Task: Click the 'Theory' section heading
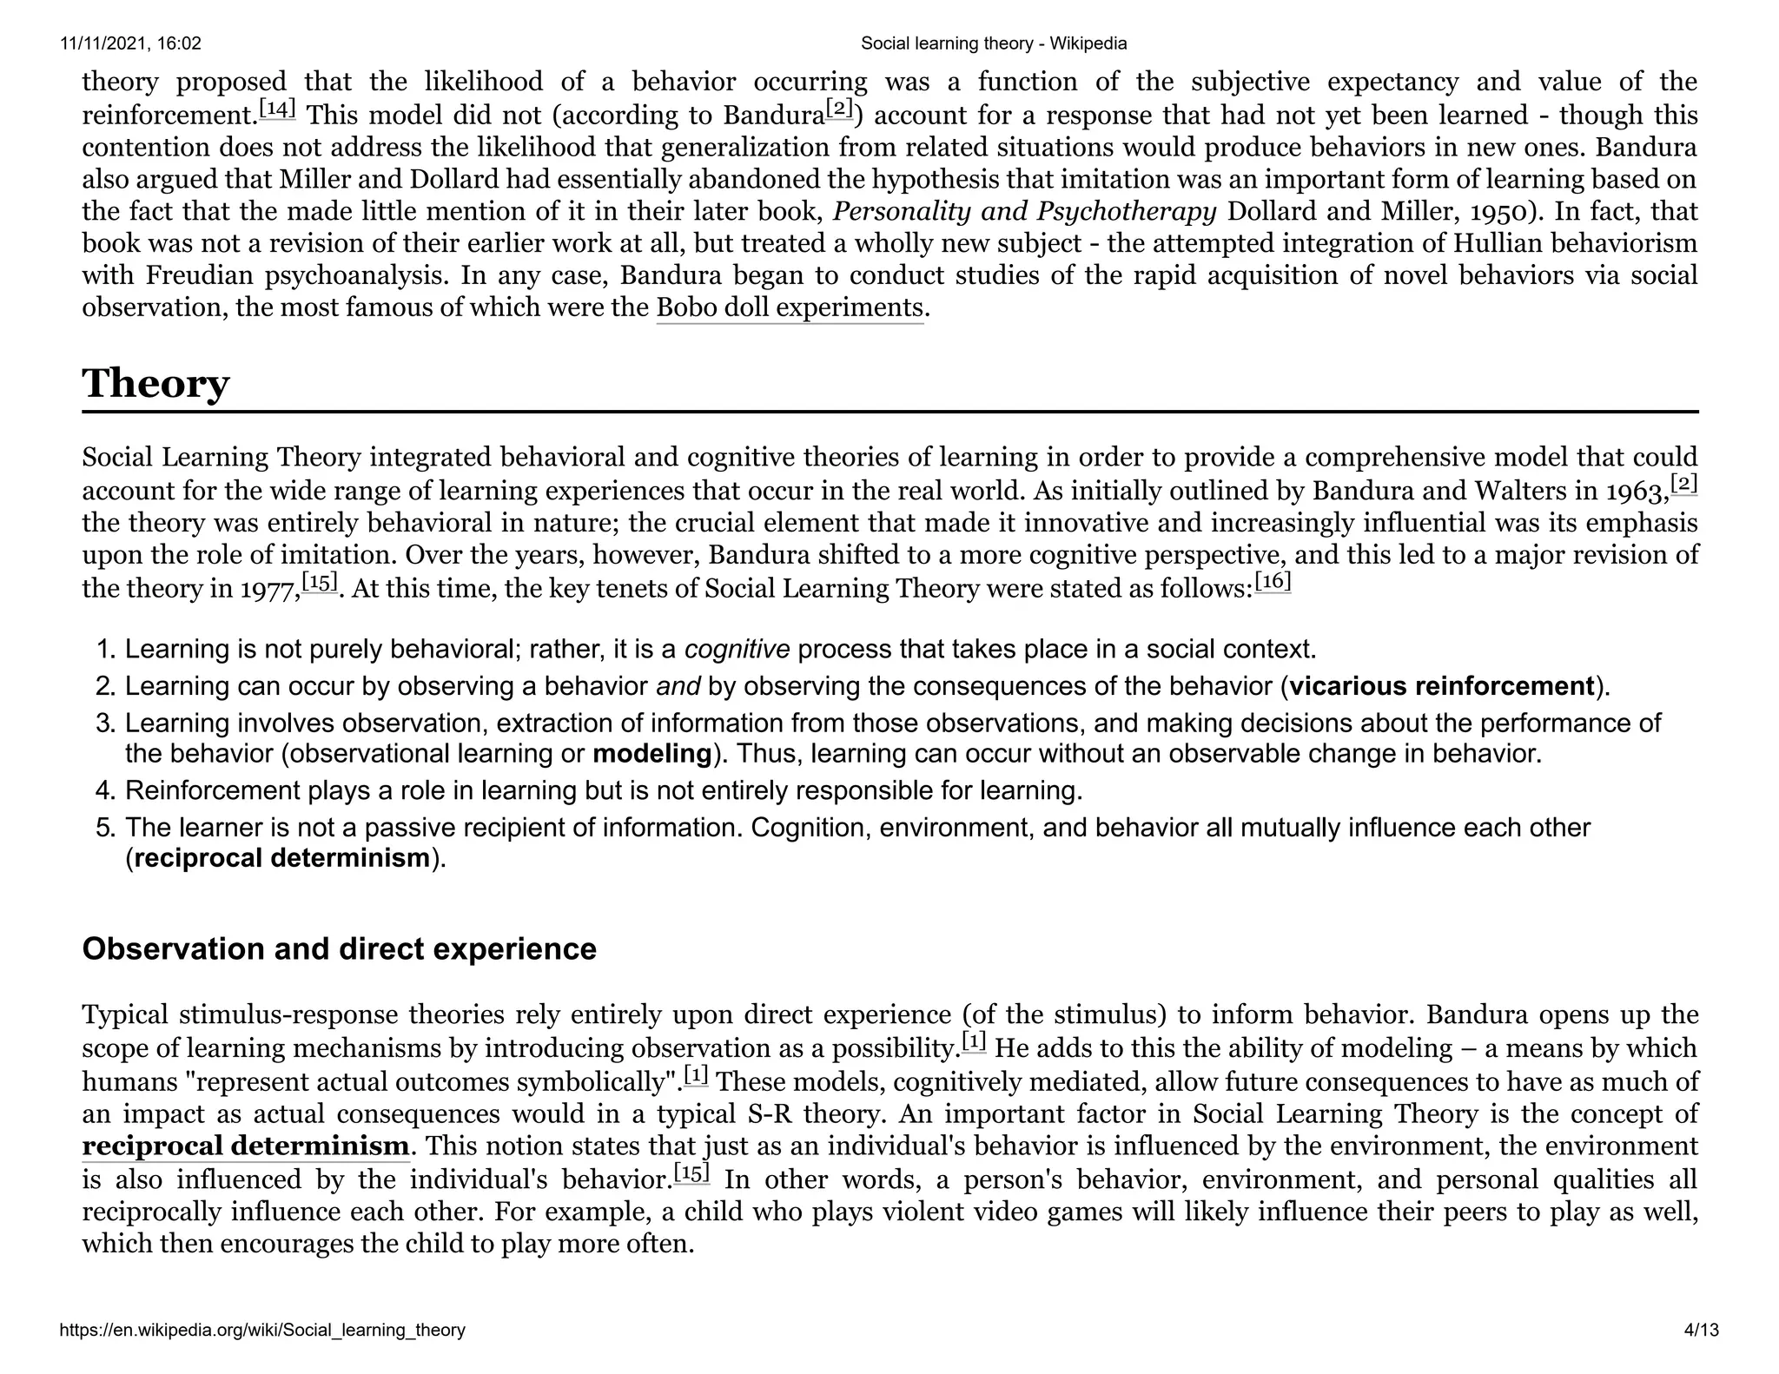pos(155,383)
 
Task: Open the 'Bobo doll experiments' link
pos(789,308)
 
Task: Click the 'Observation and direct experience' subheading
pos(339,948)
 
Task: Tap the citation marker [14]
pos(278,109)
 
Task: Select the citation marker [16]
pos(1273,581)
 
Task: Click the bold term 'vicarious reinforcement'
pos(1441,686)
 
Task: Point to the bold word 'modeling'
pos(651,753)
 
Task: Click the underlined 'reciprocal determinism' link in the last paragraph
pos(245,1146)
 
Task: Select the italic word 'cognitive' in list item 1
pos(737,649)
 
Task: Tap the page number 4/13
pos(1701,1330)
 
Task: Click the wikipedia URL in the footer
pos(262,1330)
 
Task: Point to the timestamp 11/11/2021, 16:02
pos(130,43)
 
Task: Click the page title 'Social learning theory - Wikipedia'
pos(993,43)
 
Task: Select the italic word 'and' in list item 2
pos(678,686)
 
